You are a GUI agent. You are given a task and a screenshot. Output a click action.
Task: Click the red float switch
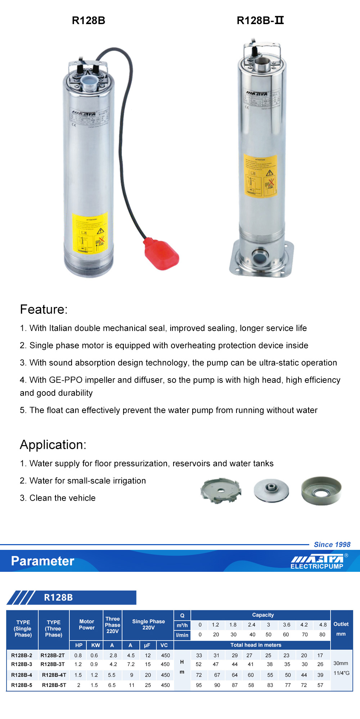point(162,253)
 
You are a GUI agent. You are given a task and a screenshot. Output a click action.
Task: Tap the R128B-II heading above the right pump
point(260,21)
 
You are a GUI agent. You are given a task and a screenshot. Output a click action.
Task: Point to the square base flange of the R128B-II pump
point(262,257)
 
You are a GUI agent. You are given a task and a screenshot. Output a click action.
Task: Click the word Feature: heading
point(44,309)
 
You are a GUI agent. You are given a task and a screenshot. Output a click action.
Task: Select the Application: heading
point(53,445)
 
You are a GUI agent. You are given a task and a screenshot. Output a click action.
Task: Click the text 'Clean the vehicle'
point(62,498)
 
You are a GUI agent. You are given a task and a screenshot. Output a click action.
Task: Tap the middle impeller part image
point(271,490)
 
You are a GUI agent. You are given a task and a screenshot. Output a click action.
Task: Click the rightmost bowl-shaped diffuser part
point(321,491)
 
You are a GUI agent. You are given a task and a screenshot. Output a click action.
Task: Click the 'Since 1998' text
point(332,544)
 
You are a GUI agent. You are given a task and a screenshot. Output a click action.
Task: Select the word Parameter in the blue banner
point(42,561)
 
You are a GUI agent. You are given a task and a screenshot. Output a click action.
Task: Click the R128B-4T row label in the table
point(54,675)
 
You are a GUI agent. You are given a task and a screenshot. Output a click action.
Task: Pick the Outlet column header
point(341,624)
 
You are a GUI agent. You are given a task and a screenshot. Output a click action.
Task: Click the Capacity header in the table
point(263,615)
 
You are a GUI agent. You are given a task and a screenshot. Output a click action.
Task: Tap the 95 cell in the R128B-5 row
point(199,685)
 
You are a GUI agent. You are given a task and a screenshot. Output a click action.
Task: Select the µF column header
point(147,645)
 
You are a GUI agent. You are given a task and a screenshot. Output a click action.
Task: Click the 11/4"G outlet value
point(341,673)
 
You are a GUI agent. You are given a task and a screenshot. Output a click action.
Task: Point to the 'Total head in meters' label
point(256,645)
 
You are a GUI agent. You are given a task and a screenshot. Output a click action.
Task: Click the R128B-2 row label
point(22,655)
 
